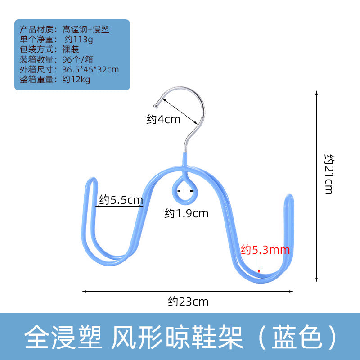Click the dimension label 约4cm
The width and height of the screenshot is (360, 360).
click(x=163, y=119)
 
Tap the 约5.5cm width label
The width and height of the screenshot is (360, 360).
click(x=121, y=200)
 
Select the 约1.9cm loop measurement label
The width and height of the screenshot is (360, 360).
click(x=186, y=213)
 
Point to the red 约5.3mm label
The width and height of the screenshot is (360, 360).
click(x=265, y=249)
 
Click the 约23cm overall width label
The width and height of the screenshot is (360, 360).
click(x=189, y=301)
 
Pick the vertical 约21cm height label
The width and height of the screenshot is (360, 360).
click(x=329, y=174)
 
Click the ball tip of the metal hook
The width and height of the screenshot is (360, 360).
click(x=156, y=107)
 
